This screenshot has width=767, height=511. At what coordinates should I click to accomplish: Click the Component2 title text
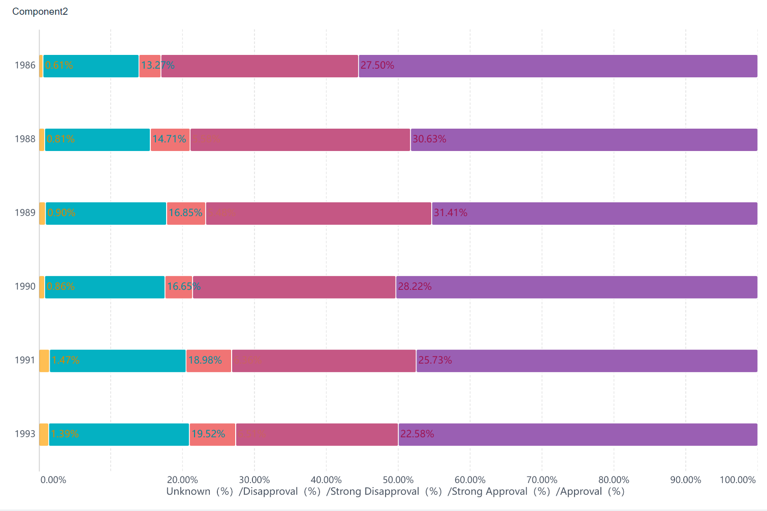(x=40, y=12)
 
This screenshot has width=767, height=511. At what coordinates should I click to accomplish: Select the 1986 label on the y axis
(x=25, y=65)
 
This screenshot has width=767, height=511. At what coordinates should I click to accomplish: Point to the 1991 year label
(x=25, y=360)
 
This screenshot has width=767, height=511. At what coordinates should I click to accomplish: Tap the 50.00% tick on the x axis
(x=398, y=479)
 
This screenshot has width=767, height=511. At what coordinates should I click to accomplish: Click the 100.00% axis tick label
(x=738, y=479)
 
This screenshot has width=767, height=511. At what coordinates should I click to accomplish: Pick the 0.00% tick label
(x=53, y=479)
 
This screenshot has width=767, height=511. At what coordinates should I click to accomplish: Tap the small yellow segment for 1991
(x=44, y=361)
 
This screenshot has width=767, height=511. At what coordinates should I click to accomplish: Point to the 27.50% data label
(x=377, y=65)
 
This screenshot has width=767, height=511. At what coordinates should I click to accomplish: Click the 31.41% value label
(x=450, y=213)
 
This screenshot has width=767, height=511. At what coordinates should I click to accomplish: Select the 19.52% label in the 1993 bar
(x=208, y=434)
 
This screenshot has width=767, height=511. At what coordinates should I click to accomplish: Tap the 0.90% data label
(x=61, y=213)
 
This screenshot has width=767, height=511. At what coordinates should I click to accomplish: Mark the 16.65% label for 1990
(x=183, y=286)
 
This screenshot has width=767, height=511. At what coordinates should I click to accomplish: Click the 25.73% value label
(x=435, y=360)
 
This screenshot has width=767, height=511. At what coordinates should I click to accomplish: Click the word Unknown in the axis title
(x=188, y=491)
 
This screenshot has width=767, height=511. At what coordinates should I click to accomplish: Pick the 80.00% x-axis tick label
(x=614, y=479)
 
